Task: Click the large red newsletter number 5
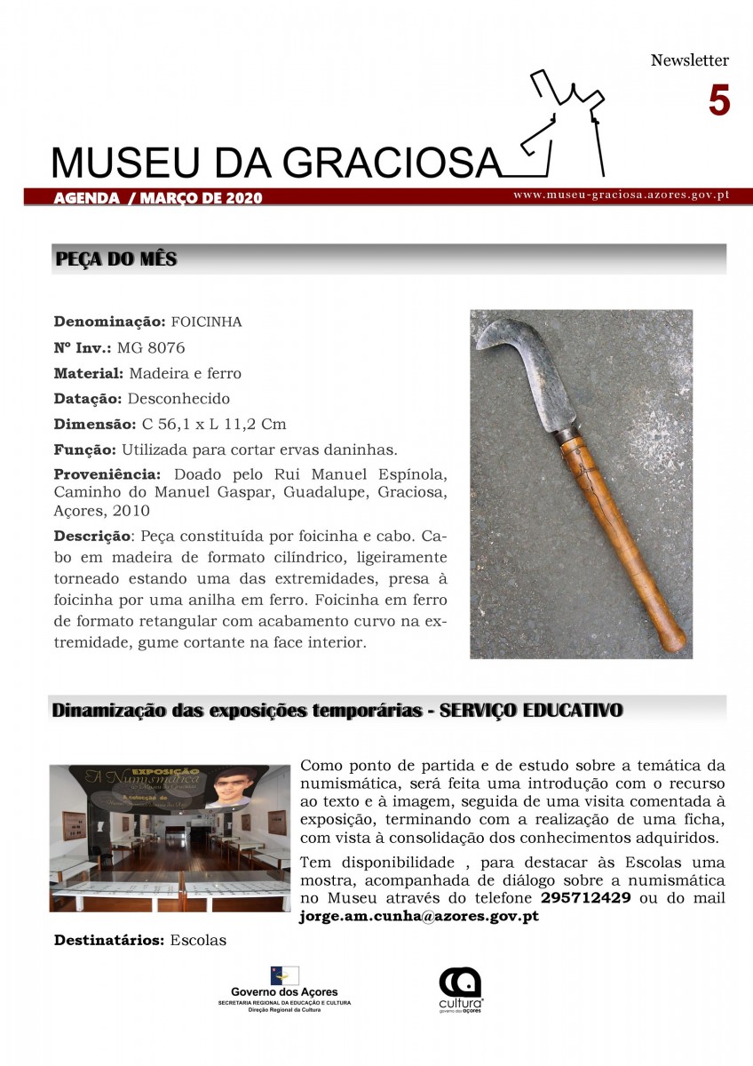tap(718, 101)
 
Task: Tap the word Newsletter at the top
tap(689, 60)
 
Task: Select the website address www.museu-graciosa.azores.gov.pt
tap(621, 195)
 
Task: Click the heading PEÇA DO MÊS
tap(116, 259)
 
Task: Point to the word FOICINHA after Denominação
tap(206, 321)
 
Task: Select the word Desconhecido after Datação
tap(178, 398)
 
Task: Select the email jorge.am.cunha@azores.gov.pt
tap(419, 916)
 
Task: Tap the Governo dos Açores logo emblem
tap(284, 975)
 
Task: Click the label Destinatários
tap(109, 940)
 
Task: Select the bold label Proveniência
tap(107, 474)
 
